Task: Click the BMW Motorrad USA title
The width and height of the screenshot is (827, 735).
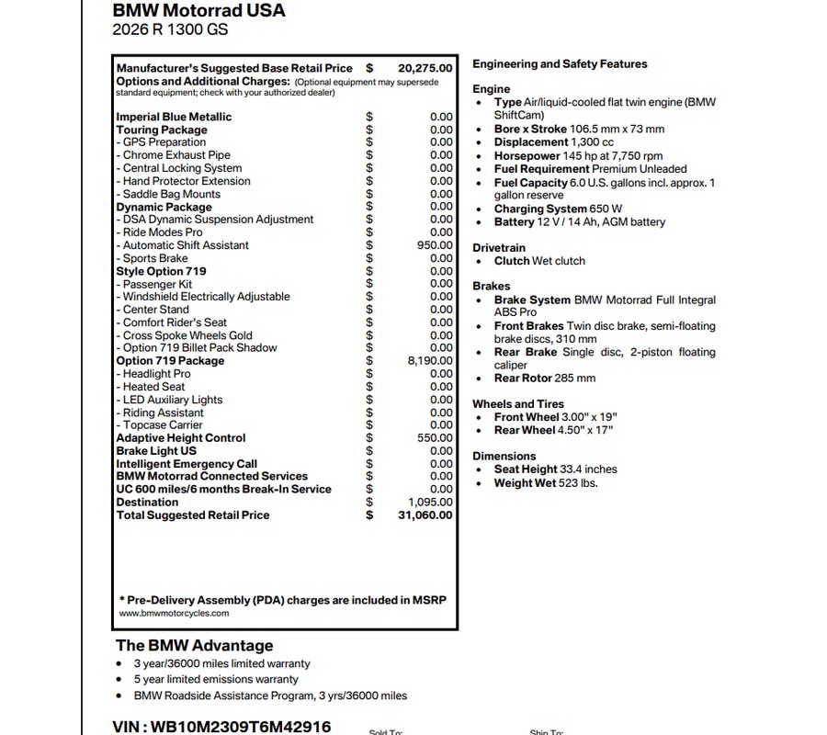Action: [198, 11]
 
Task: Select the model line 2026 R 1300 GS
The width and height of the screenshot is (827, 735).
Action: [170, 29]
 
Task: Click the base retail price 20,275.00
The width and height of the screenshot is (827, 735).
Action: [425, 68]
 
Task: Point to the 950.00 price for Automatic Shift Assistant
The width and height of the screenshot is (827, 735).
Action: [435, 245]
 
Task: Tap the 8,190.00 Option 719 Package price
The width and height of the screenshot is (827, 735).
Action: [430, 361]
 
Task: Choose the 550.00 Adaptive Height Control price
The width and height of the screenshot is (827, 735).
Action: [435, 438]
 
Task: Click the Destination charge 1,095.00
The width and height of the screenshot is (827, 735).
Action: [430, 503]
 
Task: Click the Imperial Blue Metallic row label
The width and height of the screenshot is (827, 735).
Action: [174, 117]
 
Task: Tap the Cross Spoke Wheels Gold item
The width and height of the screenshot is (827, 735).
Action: [187, 335]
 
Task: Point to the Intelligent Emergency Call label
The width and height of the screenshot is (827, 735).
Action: [187, 464]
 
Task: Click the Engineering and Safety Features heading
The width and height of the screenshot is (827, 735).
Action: [560, 64]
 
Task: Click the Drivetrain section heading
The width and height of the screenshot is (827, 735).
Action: [499, 248]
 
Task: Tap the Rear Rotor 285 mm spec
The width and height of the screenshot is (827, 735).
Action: [544, 379]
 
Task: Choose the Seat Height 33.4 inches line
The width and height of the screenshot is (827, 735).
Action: [555, 469]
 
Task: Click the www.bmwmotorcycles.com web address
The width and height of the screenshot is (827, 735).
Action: [174, 613]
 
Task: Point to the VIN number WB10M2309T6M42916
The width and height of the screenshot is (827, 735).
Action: [221, 727]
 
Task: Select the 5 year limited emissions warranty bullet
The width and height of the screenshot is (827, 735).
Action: [216, 680]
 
